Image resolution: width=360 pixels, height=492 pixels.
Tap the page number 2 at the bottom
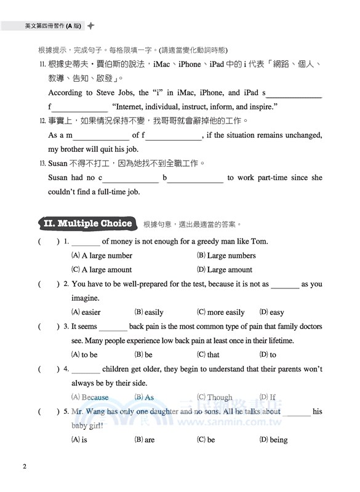point(24,466)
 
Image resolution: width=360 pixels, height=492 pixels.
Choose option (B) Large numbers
point(226,255)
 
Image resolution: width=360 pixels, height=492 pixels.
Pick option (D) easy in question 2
point(272,312)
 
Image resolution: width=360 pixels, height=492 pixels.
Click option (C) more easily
point(221,312)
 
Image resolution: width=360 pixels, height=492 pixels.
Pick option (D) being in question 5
point(273,440)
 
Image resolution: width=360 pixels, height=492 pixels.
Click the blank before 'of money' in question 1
point(86,242)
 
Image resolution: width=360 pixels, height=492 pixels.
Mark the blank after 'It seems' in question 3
point(113,327)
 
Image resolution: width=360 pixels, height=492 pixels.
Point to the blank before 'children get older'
point(86,370)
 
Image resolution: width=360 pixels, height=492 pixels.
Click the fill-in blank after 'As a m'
point(101,136)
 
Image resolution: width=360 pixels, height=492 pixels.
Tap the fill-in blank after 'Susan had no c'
point(130,178)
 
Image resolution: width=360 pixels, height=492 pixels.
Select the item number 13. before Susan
point(42,164)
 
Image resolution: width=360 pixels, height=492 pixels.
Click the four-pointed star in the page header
point(91,26)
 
